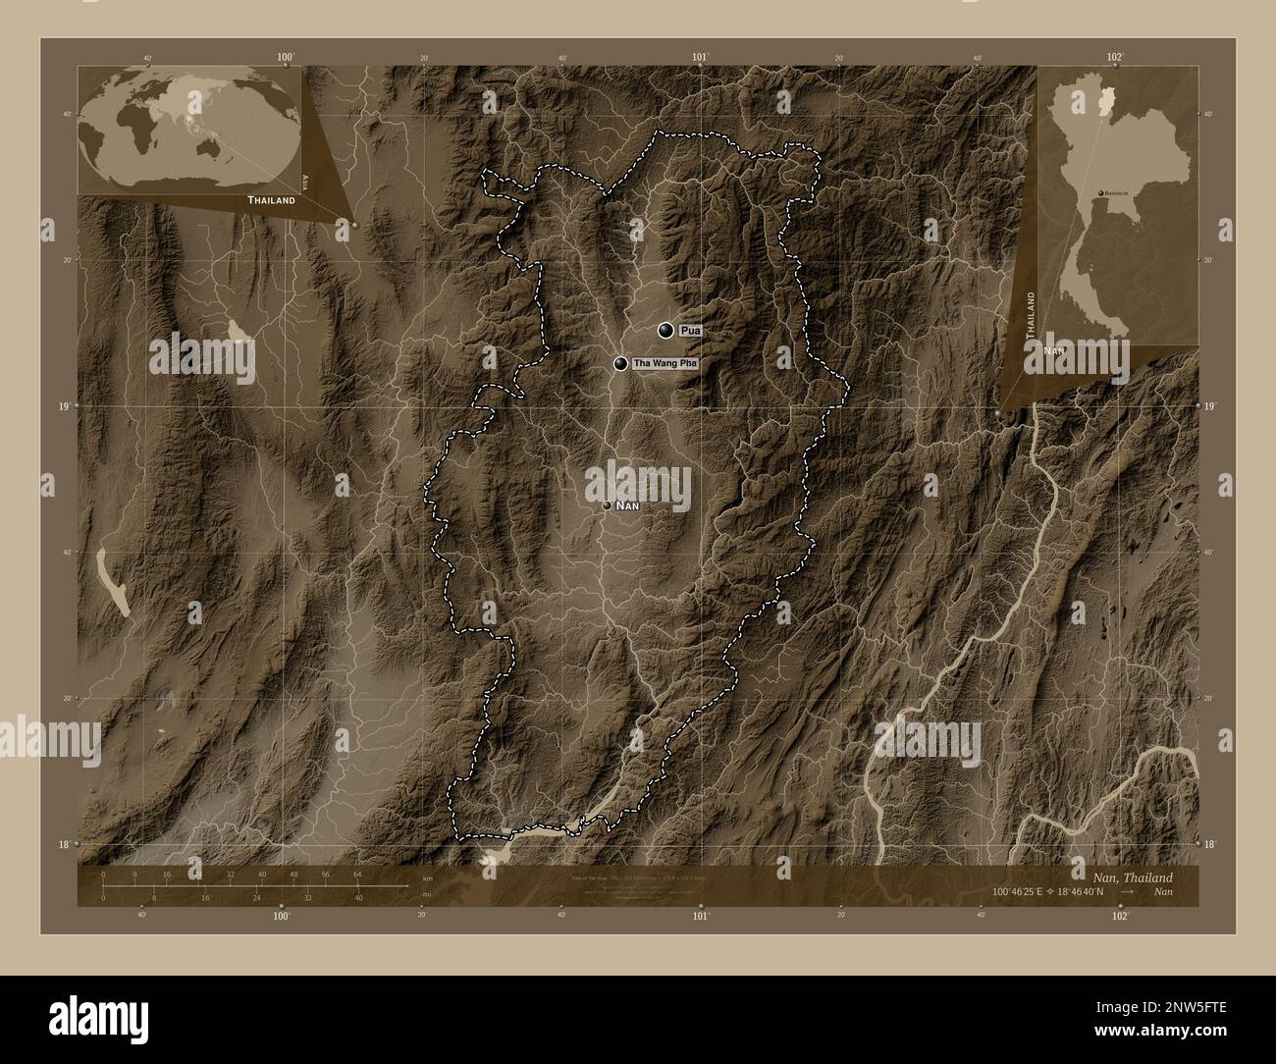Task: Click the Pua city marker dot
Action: (x=667, y=331)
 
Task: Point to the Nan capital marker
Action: (x=608, y=505)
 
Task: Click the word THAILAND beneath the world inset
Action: (x=271, y=199)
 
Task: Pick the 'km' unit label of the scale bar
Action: (x=427, y=878)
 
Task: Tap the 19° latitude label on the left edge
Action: (x=65, y=405)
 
